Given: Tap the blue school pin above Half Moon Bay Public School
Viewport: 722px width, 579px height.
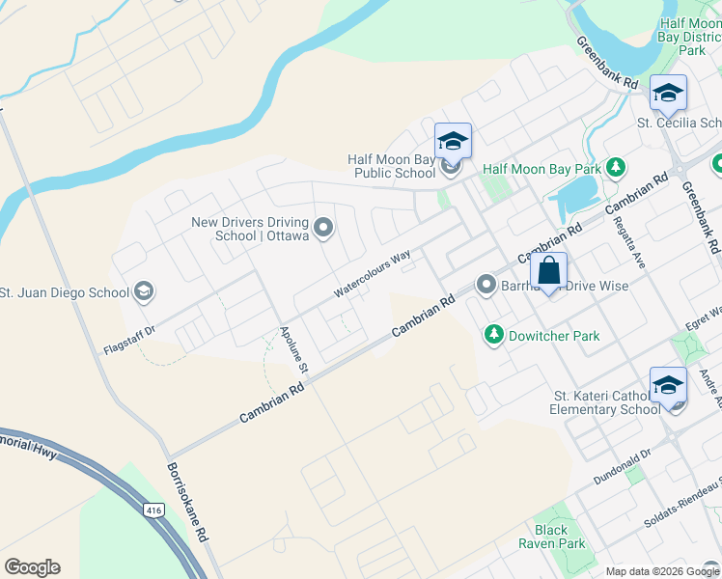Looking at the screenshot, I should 453,142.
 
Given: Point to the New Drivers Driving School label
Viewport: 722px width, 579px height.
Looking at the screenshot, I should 249,229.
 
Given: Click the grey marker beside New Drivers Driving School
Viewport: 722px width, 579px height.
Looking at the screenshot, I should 323,229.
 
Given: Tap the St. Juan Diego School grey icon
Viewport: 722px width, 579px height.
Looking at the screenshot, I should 144,291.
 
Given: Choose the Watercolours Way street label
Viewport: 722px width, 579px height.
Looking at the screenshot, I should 373,273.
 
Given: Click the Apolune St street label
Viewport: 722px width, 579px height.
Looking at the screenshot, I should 293,349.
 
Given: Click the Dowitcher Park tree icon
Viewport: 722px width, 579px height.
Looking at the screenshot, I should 494,335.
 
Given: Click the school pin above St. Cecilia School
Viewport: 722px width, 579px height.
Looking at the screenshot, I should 668,94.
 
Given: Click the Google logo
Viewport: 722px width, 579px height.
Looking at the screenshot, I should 32,567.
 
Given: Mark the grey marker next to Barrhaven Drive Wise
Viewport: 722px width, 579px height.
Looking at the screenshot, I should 486,285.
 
